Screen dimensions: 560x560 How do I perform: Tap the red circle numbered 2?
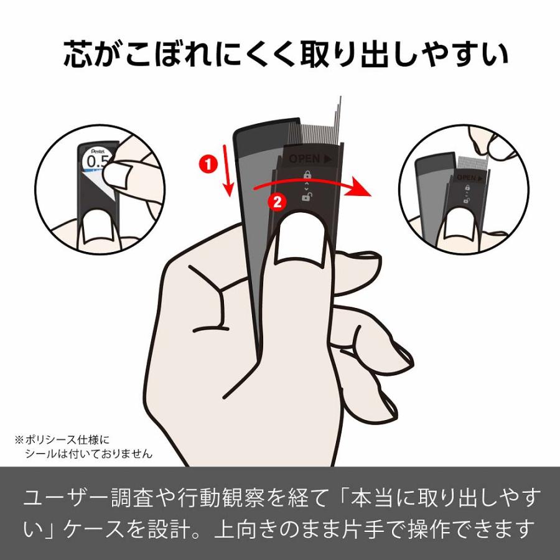278,200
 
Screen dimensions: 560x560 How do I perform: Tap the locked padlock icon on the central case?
307,175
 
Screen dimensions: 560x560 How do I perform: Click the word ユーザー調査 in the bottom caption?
82,498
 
